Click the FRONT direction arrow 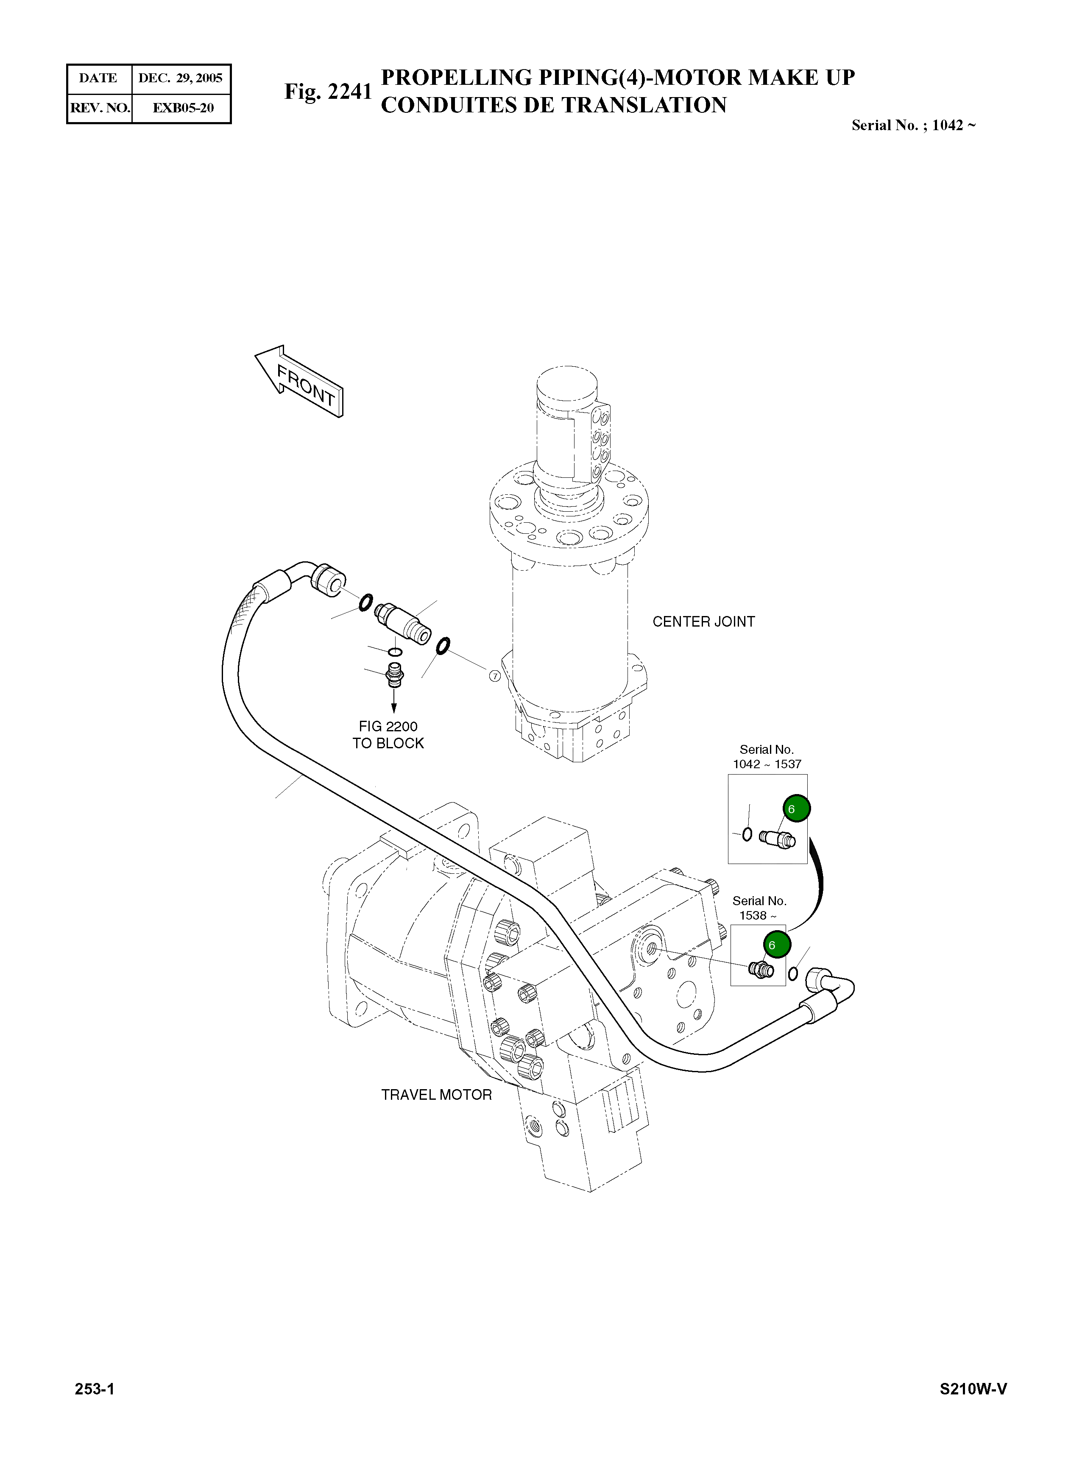[299, 382]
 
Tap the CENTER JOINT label [703, 622]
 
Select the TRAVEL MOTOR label [436, 1095]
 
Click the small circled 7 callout [495, 676]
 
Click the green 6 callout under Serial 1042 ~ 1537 [797, 808]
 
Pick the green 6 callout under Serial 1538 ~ [777, 945]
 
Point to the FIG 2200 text [388, 727]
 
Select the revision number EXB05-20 [183, 108]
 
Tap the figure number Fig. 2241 [328, 92]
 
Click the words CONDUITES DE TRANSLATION [554, 105]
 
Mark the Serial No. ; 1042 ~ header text [913, 126]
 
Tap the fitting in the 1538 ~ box [761, 970]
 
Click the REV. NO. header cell [100, 108]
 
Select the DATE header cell [98, 78]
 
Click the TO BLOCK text [388, 744]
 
